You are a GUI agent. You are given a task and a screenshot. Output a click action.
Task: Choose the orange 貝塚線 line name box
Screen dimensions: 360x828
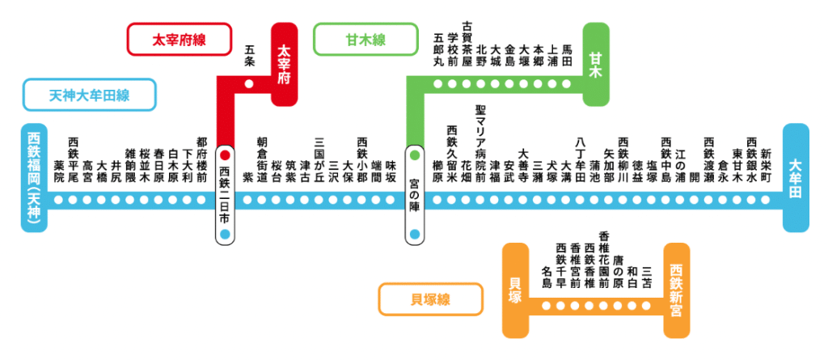425,299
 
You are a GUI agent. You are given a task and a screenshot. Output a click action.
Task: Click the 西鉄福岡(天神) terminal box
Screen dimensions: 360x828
34,179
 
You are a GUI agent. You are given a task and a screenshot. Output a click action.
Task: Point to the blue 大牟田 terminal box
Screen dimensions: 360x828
796,178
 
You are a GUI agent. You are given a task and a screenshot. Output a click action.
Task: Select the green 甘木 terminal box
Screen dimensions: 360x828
596,65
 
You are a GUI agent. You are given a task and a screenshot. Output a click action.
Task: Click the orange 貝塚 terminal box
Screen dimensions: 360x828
515,290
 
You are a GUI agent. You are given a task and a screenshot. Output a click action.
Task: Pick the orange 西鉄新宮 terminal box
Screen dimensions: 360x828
677,290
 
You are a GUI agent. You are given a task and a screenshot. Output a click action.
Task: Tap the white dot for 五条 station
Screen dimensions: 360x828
249,83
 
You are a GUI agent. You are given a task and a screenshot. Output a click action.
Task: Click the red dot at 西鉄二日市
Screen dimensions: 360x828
226,154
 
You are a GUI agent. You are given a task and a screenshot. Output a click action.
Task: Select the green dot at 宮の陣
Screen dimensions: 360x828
415,154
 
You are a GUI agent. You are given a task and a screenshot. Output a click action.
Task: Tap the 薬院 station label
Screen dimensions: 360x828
59,171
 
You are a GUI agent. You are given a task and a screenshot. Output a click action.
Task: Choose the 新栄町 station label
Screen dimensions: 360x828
765,159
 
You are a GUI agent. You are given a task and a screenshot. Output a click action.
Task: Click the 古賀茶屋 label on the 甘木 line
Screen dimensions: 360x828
467,45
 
